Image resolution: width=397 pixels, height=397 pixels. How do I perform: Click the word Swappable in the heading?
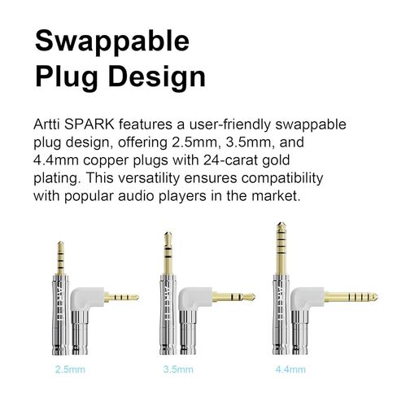point(112,41)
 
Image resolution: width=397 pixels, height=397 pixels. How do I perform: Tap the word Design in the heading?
point(157,77)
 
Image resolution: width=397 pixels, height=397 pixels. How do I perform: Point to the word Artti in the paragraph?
point(47,124)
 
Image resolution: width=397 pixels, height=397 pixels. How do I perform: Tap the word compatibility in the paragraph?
point(282,178)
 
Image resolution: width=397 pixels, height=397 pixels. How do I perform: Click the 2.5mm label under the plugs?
point(70,369)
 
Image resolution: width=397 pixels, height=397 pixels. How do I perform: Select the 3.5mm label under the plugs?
point(178,369)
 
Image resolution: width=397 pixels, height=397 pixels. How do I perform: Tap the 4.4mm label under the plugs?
point(290,369)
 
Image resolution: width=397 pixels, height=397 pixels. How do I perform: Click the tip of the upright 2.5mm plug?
point(61,242)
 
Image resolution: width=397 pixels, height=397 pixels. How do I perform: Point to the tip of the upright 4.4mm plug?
point(281,223)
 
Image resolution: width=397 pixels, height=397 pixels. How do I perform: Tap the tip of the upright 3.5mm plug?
point(168,233)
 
